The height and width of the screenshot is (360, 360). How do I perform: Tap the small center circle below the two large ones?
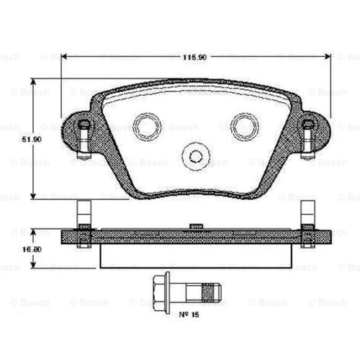click(x=194, y=154)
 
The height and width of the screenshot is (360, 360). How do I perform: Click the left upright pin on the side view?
click(x=84, y=213)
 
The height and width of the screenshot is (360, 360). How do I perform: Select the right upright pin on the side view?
click(x=307, y=213)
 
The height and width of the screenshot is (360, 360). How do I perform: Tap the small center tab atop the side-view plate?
click(x=194, y=226)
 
